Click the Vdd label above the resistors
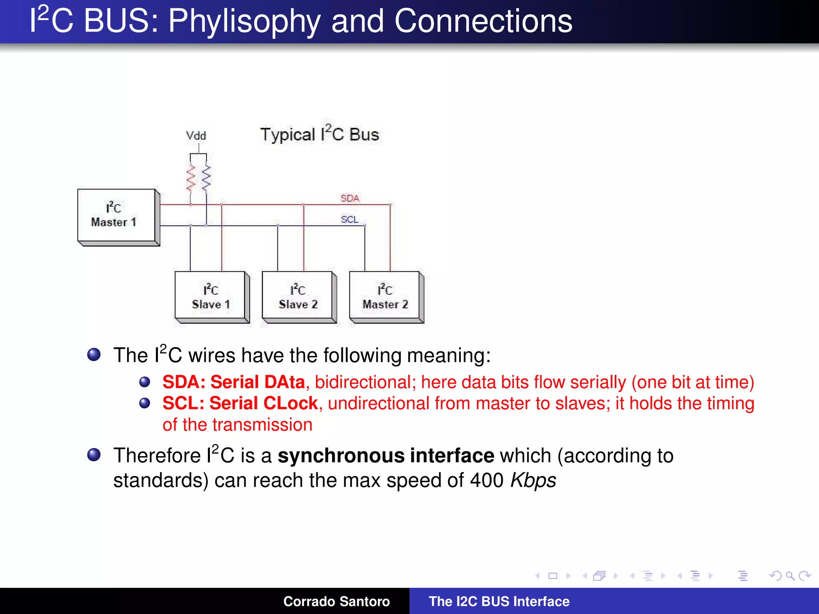tap(196, 136)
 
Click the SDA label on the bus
tap(350, 198)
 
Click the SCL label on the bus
tap(350, 219)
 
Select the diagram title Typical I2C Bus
tap(319, 134)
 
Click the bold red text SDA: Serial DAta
tap(234, 382)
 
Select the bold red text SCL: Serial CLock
tap(240, 403)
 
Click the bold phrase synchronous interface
tap(386, 456)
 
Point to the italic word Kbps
tap(533, 480)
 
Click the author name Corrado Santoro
tap(336, 601)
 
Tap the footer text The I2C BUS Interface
tap(499, 601)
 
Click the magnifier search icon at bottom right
tap(790, 576)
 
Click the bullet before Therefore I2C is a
tap(94, 455)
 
